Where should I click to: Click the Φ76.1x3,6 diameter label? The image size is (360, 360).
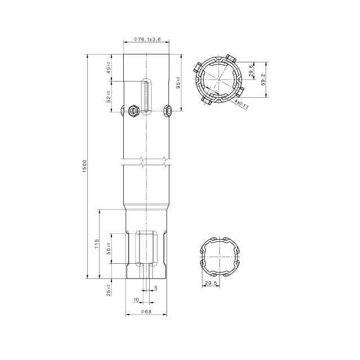pyautogui.click(x=147, y=39)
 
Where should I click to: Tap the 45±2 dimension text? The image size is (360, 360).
pyautogui.click(x=108, y=68)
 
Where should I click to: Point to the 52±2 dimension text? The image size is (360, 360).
pyautogui.click(x=108, y=96)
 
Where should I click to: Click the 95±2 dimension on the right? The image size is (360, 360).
pyautogui.click(x=178, y=83)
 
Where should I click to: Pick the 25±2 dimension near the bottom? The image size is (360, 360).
pyautogui.click(x=108, y=289)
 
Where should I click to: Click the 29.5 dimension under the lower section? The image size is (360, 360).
pyautogui.click(x=211, y=283)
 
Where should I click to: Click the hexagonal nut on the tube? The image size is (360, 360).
pyautogui.click(x=133, y=111)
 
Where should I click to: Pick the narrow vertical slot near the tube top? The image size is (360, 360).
pyautogui.click(x=146, y=94)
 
